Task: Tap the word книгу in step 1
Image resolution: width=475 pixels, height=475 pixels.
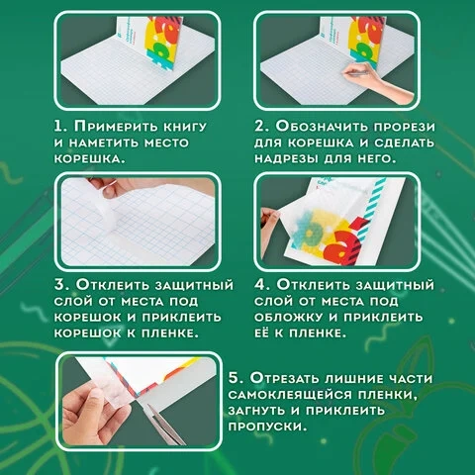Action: coord(186,127)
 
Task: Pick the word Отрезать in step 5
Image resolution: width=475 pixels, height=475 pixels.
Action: coord(284,378)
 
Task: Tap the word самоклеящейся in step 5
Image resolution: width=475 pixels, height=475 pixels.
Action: coord(289,395)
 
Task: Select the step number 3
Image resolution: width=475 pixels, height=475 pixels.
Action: coord(61,285)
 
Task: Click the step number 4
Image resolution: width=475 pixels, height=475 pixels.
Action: coord(261,285)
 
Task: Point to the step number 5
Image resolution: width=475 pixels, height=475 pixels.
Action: coord(235,378)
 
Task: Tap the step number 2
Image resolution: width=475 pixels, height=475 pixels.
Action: coord(260,127)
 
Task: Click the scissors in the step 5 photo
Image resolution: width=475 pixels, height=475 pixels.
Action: coord(165,425)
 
